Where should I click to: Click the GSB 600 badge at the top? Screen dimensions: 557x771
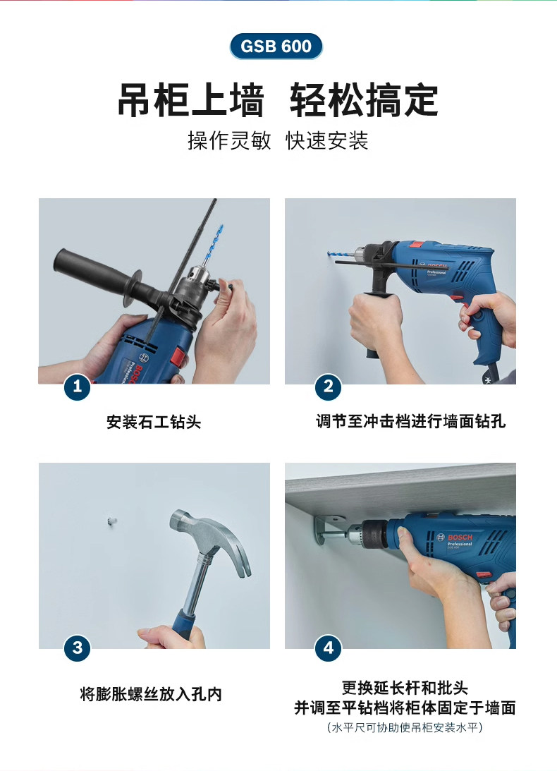pyautogui.click(x=276, y=47)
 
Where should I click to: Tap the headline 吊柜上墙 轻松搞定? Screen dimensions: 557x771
pyautogui.click(x=278, y=100)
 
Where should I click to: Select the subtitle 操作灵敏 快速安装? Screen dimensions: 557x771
pyautogui.click(x=278, y=140)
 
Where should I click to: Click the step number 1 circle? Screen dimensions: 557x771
pyautogui.click(x=77, y=387)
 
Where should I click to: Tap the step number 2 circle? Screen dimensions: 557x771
pyautogui.click(x=328, y=387)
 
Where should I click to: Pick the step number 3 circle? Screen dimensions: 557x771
pyautogui.click(x=77, y=648)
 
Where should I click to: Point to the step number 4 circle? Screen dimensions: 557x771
pyautogui.click(x=328, y=648)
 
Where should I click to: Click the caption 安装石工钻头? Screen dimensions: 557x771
pyautogui.click(x=154, y=422)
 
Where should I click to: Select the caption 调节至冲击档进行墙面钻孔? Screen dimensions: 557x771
pyautogui.click(x=410, y=421)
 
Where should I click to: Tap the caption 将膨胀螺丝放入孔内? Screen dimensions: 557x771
pyautogui.click(x=151, y=694)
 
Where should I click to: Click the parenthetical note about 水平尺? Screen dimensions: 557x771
pyautogui.click(x=405, y=727)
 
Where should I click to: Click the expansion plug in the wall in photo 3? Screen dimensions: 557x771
pyautogui.click(x=112, y=519)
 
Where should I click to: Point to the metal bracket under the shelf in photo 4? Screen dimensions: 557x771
pyautogui.click(x=329, y=528)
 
